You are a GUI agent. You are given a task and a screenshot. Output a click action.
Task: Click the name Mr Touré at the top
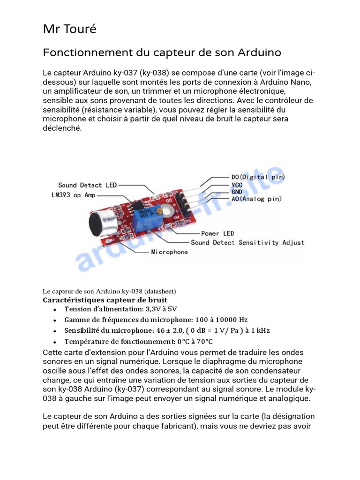[x=69, y=29]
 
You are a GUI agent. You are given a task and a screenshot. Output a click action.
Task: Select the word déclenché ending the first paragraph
[x=62, y=127]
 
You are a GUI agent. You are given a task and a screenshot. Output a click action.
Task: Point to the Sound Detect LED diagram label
[x=87, y=185]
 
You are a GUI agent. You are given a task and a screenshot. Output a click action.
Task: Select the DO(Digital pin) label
[x=258, y=177]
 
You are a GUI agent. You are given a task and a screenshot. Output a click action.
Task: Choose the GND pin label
[x=237, y=192]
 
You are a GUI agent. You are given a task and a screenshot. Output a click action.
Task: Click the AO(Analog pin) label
[x=256, y=199]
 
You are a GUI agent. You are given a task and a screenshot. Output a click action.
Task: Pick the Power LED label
[x=217, y=233]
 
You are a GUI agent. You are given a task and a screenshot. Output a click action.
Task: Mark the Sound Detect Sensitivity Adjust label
[x=247, y=242]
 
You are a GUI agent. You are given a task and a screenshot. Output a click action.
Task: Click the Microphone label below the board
[x=169, y=252]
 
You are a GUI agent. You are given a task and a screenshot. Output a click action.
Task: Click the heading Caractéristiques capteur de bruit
[x=105, y=300]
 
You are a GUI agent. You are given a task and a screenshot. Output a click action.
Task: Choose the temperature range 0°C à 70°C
[x=193, y=341]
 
